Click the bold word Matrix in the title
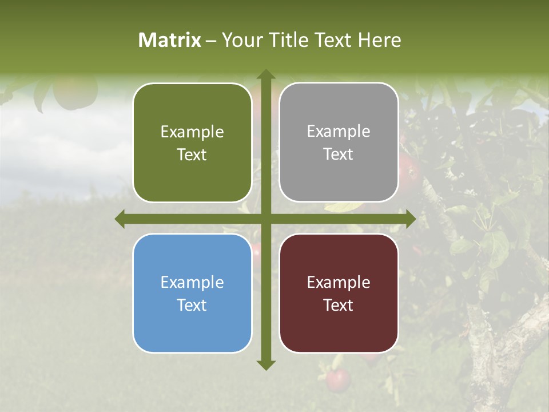[x=170, y=40]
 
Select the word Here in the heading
[x=379, y=40]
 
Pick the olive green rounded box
[x=192, y=142]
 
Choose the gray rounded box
[x=339, y=142]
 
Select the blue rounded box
[x=192, y=293]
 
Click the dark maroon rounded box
[x=339, y=293]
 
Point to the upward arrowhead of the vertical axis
[x=265, y=75]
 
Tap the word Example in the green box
[x=192, y=132]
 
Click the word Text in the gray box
[x=339, y=154]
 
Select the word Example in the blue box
[x=192, y=283]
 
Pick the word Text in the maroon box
[x=339, y=306]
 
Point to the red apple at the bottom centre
[x=337, y=379]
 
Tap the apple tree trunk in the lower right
[x=492, y=355]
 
